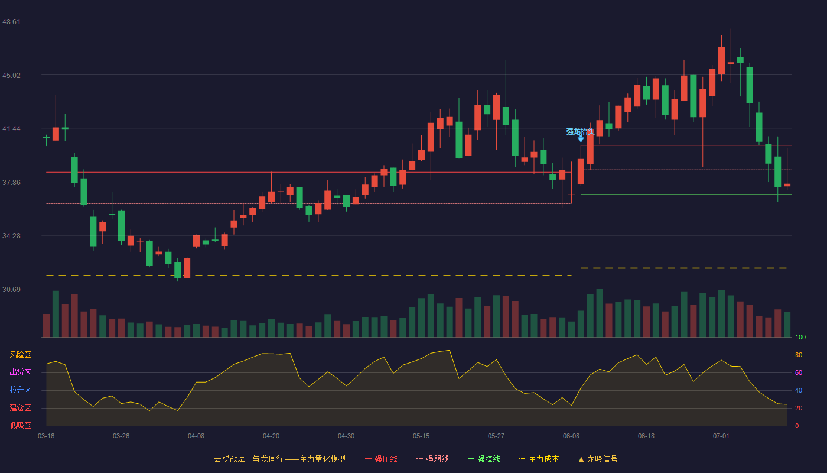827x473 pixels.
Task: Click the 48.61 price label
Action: click(x=11, y=21)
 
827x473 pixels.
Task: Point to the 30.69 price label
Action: click(x=11, y=289)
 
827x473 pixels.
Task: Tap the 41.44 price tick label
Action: click(x=11, y=129)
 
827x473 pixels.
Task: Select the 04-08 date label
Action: click(x=196, y=436)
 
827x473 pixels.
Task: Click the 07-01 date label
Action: click(x=721, y=436)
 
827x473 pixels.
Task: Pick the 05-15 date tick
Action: click(x=421, y=436)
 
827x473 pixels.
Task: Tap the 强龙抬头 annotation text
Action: click(x=580, y=131)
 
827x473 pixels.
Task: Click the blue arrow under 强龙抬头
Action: click(x=581, y=138)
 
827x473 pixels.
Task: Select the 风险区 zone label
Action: click(x=20, y=354)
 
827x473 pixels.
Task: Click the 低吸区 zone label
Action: click(x=20, y=425)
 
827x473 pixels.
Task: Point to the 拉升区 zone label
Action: click(x=20, y=390)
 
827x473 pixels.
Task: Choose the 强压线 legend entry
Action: click(x=381, y=459)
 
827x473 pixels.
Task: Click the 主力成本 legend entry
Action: click(x=539, y=459)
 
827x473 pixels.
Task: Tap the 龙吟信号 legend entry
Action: click(x=598, y=459)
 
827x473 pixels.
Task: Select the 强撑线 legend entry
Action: click(x=484, y=459)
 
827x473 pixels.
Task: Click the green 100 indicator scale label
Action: click(x=800, y=337)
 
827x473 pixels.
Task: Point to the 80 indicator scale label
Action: click(x=799, y=355)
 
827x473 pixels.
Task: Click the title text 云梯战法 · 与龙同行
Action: click(x=249, y=459)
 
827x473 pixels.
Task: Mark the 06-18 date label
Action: click(x=646, y=436)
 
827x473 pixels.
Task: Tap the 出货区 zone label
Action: click(x=20, y=372)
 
